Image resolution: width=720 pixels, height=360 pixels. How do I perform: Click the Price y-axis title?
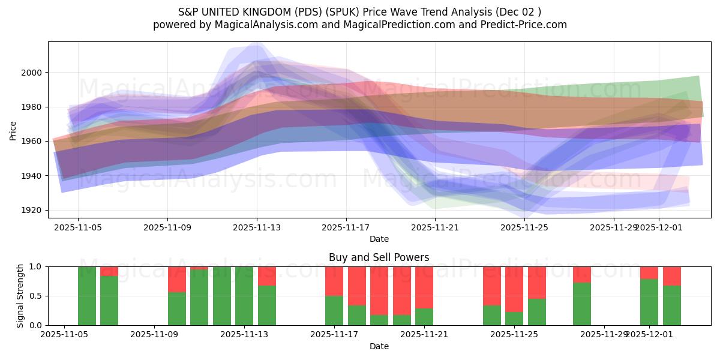pos(13,130)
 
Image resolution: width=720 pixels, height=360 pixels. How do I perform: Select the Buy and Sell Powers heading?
pos(379,257)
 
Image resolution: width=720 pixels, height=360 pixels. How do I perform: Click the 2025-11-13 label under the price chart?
pos(257,227)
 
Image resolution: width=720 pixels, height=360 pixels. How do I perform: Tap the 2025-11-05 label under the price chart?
pos(78,227)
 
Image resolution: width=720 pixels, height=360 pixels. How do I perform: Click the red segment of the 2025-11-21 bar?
pos(424,287)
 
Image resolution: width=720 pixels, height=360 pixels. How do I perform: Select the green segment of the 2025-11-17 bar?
pos(334,310)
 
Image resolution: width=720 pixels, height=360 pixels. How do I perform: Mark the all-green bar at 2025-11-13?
pos(244,296)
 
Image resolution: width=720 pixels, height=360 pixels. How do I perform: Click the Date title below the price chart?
pos(379,239)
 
